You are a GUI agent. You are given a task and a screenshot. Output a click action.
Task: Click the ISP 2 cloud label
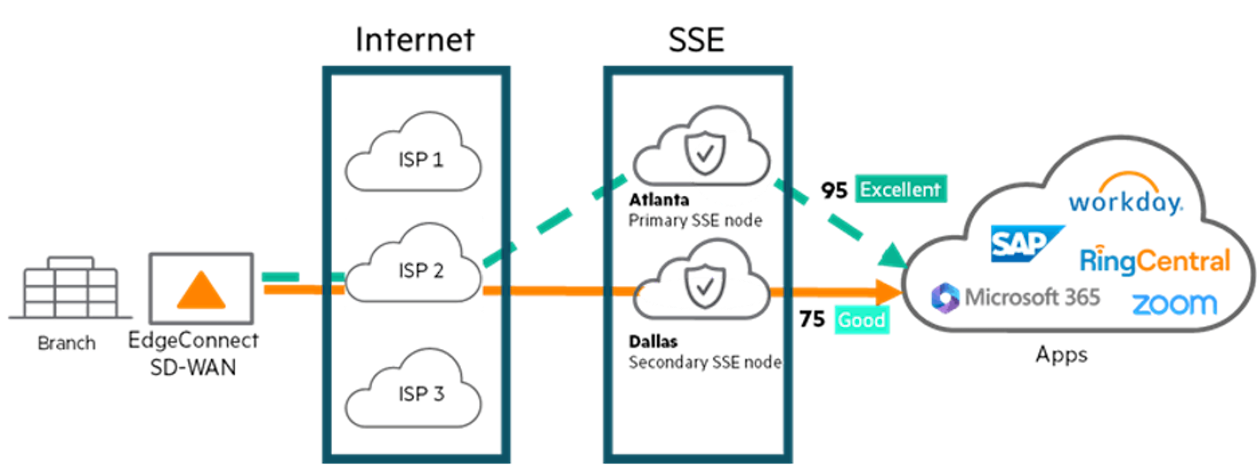421,271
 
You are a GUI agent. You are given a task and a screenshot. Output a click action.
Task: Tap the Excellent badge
900,189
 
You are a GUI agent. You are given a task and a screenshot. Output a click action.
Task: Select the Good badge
861,320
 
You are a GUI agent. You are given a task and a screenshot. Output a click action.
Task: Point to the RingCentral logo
1155,260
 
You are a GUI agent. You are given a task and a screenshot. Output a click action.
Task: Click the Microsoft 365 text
1032,298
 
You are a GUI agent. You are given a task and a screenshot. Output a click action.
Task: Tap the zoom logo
1174,304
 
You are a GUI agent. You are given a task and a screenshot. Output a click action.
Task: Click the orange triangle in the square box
201,291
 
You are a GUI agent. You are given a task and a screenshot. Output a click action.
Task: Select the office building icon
71,288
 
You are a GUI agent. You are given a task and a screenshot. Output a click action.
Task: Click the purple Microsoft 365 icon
945,298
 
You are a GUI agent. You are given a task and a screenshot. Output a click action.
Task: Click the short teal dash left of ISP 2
280,276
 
